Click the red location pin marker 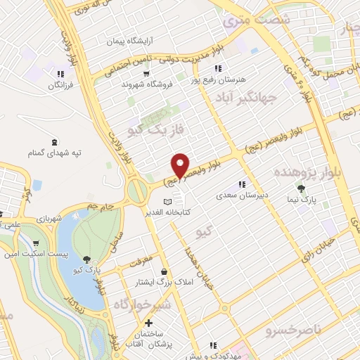180,165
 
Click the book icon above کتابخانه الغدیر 167,202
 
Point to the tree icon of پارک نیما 302,188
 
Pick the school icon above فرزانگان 61,73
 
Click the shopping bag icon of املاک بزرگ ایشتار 164,271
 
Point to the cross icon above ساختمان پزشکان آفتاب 148,323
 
